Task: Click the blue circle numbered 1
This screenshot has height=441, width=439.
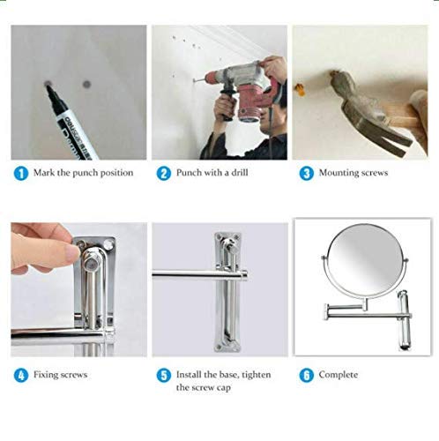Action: click(20, 174)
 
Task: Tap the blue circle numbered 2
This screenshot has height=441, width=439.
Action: click(162, 174)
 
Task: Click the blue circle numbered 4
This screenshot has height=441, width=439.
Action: click(20, 375)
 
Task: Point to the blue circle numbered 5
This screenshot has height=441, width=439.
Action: click(162, 375)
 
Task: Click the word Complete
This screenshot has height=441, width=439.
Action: click(339, 375)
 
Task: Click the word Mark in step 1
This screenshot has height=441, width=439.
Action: click(44, 174)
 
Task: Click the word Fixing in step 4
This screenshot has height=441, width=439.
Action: click(46, 375)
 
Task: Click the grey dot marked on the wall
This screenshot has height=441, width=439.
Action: click(86, 84)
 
